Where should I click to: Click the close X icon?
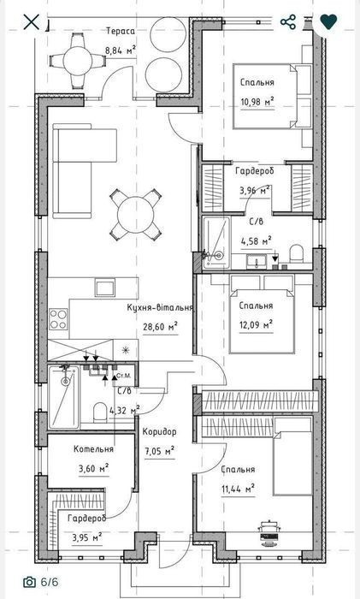pyautogui.click(x=32, y=21)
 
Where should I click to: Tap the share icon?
pyautogui.click(x=288, y=22)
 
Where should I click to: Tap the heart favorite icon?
pyautogui.click(x=328, y=21)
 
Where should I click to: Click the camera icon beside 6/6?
pyautogui.click(x=29, y=582)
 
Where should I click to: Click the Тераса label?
pyautogui.click(x=121, y=32)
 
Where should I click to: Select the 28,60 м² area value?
pyautogui.click(x=161, y=327)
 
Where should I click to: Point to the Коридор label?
pyautogui.click(x=160, y=432)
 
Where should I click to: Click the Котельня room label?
pyautogui.click(x=93, y=449)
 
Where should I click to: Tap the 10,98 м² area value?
pyautogui.click(x=257, y=102)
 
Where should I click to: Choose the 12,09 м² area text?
pyautogui.click(x=256, y=325)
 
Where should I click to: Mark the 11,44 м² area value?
pyautogui.click(x=239, y=489)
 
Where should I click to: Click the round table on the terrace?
pyautogui.click(x=78, y=61)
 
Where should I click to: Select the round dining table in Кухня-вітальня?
pyautogui.click(x=136, y=215)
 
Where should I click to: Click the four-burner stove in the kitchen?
pyautogui.click(x=58, y=319)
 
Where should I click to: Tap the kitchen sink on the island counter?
pyautogui.click(x=105, y=288)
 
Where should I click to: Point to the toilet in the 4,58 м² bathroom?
pyautogui.click(x=297, y=253)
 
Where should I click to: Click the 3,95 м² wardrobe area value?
pyautogui.click(x=87, y=537)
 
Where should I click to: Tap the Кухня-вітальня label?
pyautogui.click(x=160, y=307)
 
